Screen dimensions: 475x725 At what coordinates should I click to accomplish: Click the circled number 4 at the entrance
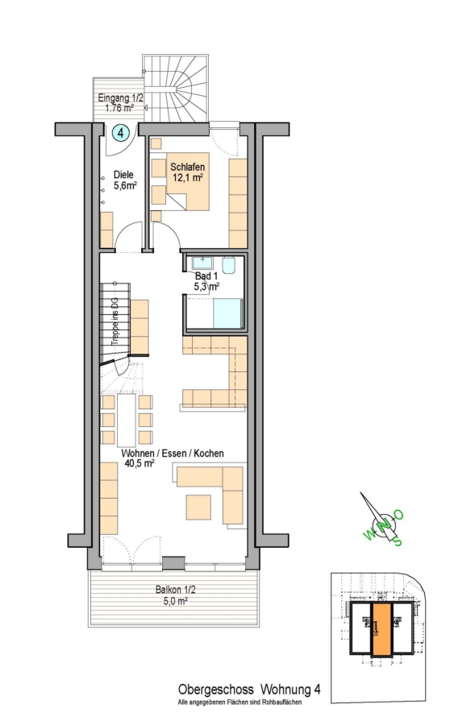(x=120, y=134)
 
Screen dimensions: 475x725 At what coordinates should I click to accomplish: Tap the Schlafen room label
(x=187, y=167)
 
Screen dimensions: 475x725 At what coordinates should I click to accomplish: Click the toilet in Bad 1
(x=230, y=265)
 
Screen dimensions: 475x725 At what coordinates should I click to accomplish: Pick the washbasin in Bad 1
(x=202, y=263)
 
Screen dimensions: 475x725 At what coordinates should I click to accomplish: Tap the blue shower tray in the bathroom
(x=227, y=313)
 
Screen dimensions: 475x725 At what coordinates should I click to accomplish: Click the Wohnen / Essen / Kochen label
(x=173, y=453)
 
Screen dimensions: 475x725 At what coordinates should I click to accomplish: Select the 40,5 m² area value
(x=140, y=463)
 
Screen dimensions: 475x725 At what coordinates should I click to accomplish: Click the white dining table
(x=127, y=420)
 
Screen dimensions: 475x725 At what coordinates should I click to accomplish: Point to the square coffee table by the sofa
(x=198, y=507)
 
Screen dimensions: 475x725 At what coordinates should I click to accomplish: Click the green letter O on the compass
(x=398, y=515)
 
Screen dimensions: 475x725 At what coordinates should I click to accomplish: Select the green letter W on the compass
(x=370, y=535)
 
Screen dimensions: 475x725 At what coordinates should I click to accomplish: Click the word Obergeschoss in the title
(x=216, y=690)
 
